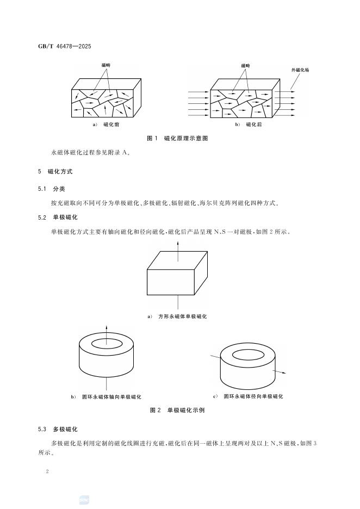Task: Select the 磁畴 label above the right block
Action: (x=245, y=65)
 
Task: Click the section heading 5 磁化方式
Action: (x=55, y=171)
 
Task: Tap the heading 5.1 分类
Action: (x=52, y=189)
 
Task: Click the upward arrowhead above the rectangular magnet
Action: (x=179, y=241)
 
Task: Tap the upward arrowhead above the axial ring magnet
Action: (x=106, y=327)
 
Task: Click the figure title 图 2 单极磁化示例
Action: (x=177, y=411)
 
